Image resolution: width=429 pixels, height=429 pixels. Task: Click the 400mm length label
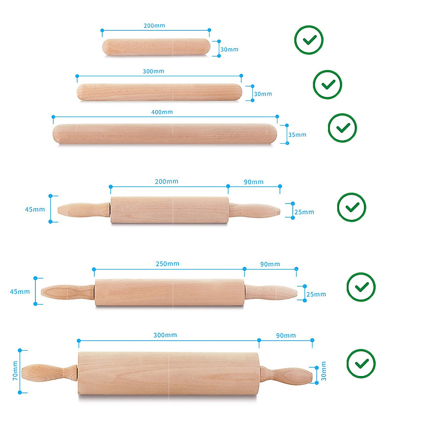(162, 112)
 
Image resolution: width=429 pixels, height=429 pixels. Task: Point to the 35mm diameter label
(297, 135)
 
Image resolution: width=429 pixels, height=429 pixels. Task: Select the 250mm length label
(167, 264)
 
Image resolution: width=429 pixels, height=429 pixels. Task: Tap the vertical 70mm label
(15, 370)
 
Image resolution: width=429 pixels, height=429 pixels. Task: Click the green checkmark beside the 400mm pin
(342, 128)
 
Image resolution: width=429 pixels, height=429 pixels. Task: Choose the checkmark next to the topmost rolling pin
(309, 40)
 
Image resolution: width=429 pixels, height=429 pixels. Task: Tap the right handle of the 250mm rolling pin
(271, 292)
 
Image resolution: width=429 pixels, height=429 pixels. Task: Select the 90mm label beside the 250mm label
(270, 264)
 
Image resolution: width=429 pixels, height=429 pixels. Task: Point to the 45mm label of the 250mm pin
(20, 292)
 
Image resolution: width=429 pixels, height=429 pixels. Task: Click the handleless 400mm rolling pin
(164, 134)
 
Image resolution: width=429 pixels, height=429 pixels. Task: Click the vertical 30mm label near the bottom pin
(324, 371)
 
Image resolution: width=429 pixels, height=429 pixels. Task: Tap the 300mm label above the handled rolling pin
(165, 335)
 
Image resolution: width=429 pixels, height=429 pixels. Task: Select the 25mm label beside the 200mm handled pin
(304, 212)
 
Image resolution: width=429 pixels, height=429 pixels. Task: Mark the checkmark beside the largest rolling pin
(361, 364)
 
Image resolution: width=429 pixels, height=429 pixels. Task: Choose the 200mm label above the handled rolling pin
(167, 182)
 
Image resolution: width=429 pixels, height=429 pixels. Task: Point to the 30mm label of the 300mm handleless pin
(263, 94)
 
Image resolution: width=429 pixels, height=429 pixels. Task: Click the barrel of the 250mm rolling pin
(169, 292)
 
